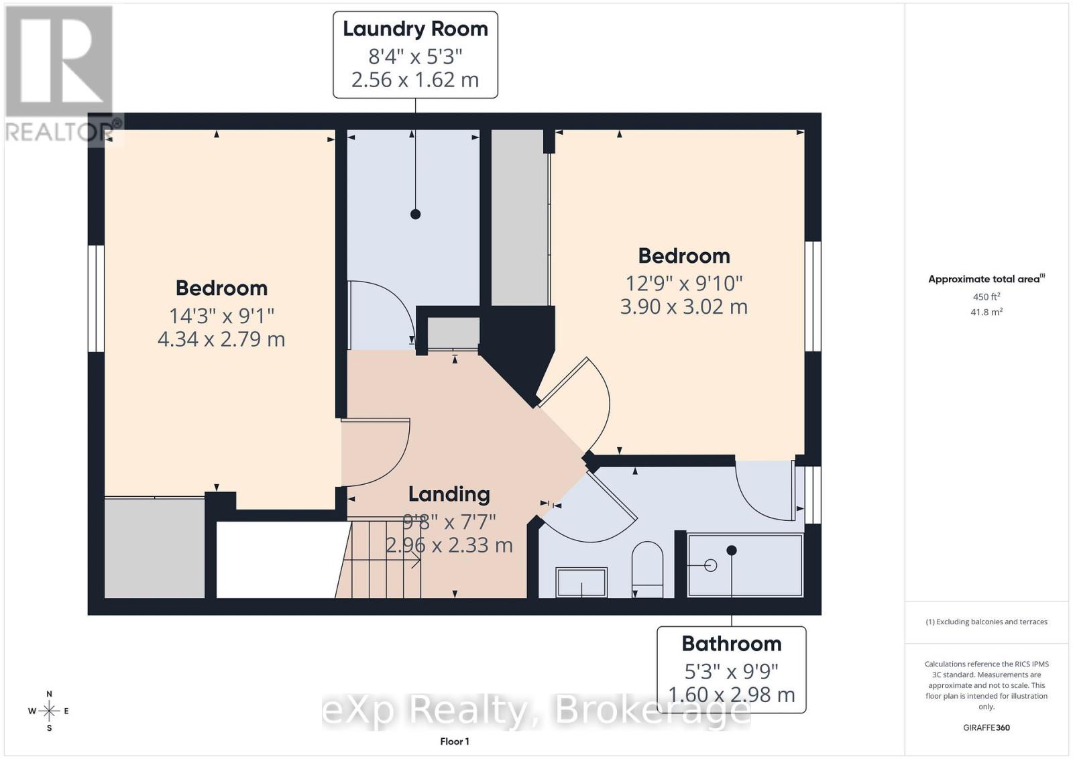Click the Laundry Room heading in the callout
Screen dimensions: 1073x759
pyautogui.click(x=415, y=30)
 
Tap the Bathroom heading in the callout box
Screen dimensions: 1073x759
pyautogui.click(x=731, y=644)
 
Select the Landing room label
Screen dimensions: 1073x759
pyautogui.click(x=449, y=495)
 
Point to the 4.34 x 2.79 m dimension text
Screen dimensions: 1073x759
pyautogui.click(x=221, y=339)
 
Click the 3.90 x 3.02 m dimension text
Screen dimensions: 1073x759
pyautogui.click(x=683, y=306)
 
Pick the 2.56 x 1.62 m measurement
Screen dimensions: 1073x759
pyautogui.click(x=415, y=80)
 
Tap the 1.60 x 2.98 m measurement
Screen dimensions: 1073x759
pyautogui.click(x=731, y=695)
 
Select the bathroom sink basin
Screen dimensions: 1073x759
pyautogui.click(x=581, y=582)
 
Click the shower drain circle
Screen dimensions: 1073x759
pyautogui.click(x=711, y=565)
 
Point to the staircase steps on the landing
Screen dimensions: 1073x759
pyautogui.click(x=378, y=559)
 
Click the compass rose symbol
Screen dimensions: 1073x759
pyautogui.click(x=49, y=711)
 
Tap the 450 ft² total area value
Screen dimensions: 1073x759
pyautogui.click(x=986, y=296)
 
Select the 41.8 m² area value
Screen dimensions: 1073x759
pyautogui.click(x=986, y=312)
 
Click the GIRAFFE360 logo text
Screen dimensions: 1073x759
pyautogui.click(x=986, y=727)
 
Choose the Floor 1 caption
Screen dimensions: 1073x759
pyautogui.click(x=455, y=742)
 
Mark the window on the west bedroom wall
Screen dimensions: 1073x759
pyautogui.click(x=97, y=299)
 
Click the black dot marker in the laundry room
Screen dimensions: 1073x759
pyautogui.click(x=415, y=214)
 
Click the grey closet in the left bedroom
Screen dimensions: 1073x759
pyautogui.click(x=154, y=548)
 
